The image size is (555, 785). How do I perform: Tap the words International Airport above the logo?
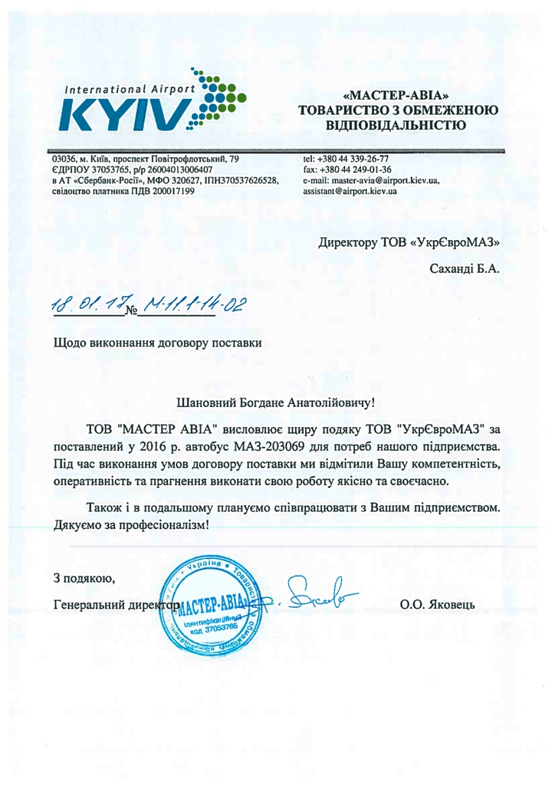point(130,90)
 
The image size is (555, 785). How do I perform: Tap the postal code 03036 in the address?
point(63,159)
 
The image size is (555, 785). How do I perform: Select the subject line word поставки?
point(237,343)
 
